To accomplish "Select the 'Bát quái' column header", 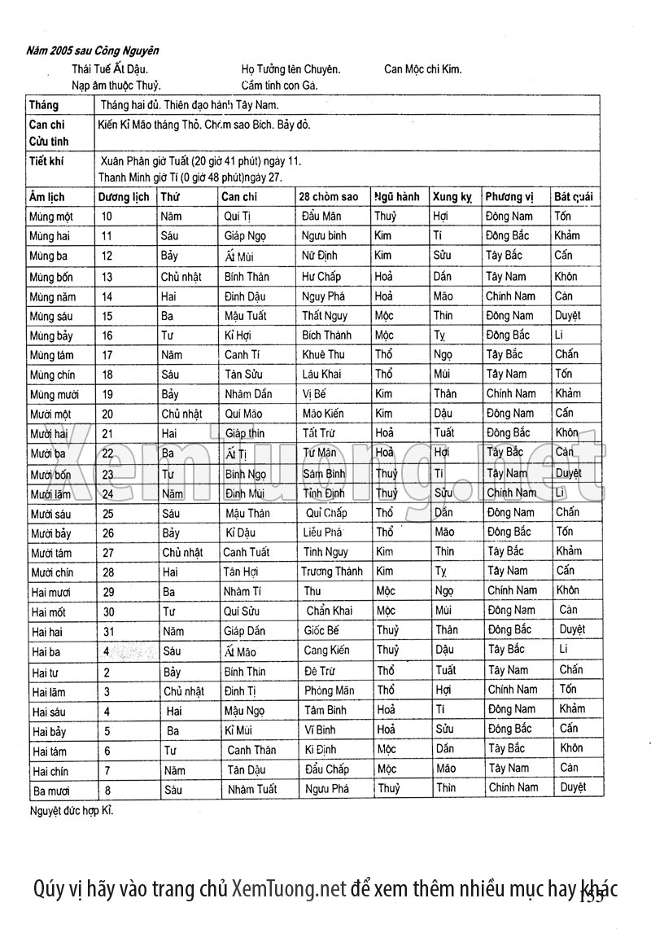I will (x=573, y=196).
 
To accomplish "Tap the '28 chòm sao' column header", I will (x=328, y=196).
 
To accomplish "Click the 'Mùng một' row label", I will (x=51, y=217).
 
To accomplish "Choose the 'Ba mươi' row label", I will (x=50, y=789).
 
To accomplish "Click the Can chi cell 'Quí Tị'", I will (x=238, y=216).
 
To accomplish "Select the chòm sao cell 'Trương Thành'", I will (x=332, y=572).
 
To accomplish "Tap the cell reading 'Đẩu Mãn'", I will (x=322, y=216).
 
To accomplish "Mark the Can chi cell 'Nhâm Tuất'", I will (x=252, y=789).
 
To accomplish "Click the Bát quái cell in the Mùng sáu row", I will (x=568, y=315).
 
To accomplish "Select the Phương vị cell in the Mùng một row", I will (x=509, y=216).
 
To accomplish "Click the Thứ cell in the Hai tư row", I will (x=172, y=671).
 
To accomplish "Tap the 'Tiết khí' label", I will (x=47, y=161).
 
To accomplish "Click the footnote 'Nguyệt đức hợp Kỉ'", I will (x=71, y=811).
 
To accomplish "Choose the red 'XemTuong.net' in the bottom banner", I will (x=289, y=887).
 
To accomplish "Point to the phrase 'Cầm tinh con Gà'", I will (x=279, y=85).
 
